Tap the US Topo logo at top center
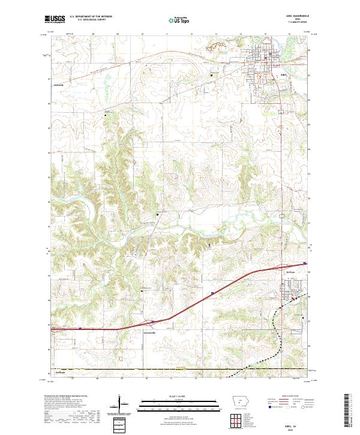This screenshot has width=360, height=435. (174, 20)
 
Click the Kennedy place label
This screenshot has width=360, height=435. (58, 85)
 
